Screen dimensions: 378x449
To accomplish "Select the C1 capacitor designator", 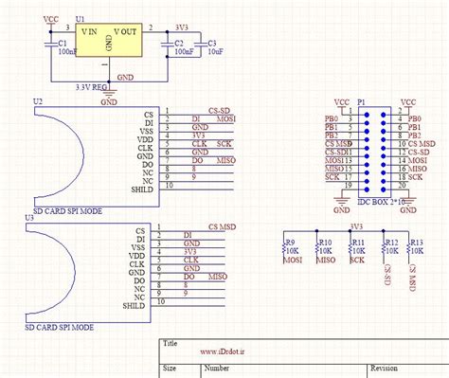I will point(62,43).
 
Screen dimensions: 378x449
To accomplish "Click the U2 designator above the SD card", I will point(38,100).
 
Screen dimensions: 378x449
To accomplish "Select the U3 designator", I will point(38,217).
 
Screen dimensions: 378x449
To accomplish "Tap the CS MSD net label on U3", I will point(221,228).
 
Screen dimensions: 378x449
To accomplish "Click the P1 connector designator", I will point(360,99).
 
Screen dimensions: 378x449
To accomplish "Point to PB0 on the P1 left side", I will point(332,118).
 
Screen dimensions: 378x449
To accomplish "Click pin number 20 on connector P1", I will point(402,186).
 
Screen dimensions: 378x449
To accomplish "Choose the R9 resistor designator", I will point(291,243).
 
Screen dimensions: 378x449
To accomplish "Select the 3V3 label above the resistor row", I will point(357,226).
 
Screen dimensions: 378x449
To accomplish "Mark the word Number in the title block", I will point(217,367).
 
